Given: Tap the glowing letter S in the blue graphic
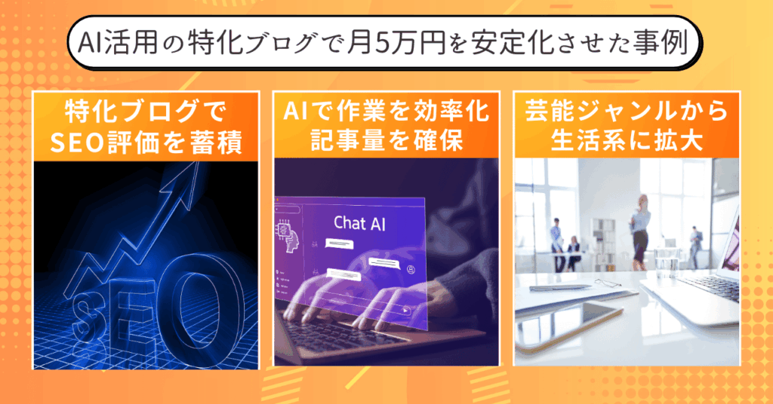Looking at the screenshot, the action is tap(89, 319).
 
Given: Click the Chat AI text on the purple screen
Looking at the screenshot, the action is tap(359, 223).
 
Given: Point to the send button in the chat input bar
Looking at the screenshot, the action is tap(405, 311).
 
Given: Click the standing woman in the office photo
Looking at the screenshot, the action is tap(640, 231).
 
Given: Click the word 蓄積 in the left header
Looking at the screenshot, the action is tap(220, 142).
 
